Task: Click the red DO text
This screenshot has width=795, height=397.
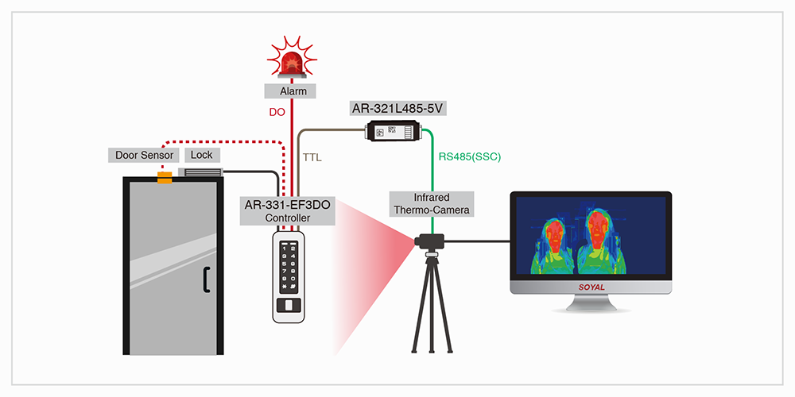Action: point(277,112)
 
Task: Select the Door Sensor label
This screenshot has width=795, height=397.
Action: point(144,155)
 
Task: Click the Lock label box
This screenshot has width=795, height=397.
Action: point(201,155)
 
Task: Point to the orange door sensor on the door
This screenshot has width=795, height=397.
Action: point(165,178)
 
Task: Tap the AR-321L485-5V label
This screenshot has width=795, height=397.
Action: point(396,107)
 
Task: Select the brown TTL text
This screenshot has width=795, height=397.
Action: point(312,159)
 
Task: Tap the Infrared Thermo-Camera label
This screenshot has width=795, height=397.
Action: point(432,204)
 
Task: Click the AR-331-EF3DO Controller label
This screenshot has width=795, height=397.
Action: point(287,211)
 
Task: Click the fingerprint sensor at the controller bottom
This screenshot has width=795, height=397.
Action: point(287,306)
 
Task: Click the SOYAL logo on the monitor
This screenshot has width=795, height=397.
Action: point(591,289)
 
